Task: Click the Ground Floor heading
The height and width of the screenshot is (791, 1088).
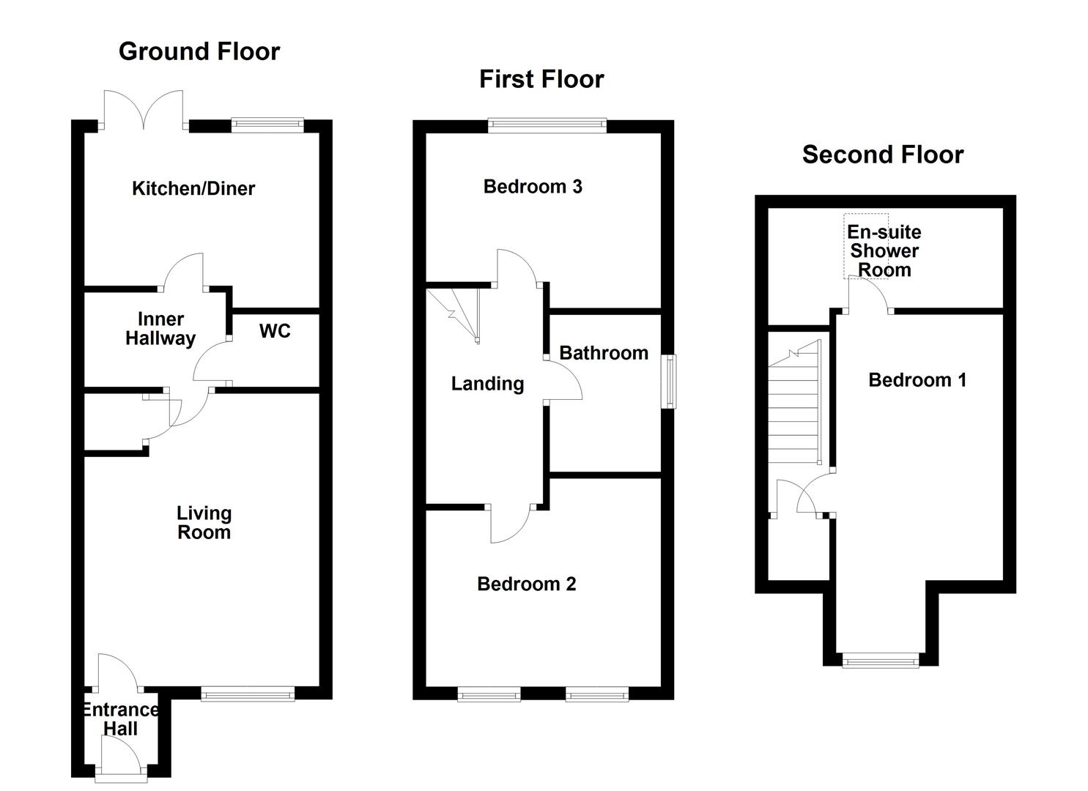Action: coord(199,51)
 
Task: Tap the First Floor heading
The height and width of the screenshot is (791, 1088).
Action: coord(541,79)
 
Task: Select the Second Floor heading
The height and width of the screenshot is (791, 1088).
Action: coord(882,155)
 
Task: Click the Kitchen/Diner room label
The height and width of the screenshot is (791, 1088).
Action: coord(193,189)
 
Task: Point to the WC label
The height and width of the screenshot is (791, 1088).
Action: coord(275,331)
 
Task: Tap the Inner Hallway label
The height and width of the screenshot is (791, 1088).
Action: coord(160,329)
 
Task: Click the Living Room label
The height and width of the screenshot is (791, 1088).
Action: coord(204,523)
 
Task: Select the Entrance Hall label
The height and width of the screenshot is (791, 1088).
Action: coord(120,719)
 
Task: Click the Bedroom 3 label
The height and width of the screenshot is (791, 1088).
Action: coord(533,187)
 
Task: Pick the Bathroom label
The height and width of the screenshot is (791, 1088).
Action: coord(604,353)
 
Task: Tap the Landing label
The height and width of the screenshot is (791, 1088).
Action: coord(487,384)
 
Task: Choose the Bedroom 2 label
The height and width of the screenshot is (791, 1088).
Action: coord(526,584)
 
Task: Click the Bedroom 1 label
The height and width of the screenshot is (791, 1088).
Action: coord(917,380)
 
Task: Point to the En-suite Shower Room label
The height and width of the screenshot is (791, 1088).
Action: coord(884,250)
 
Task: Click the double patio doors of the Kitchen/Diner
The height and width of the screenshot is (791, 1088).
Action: coord(144,111)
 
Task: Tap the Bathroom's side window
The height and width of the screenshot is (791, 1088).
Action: coord(668,381)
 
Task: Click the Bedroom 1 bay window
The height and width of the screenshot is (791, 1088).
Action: coord(880,661)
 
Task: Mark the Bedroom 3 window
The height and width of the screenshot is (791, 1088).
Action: coord(547,125)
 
